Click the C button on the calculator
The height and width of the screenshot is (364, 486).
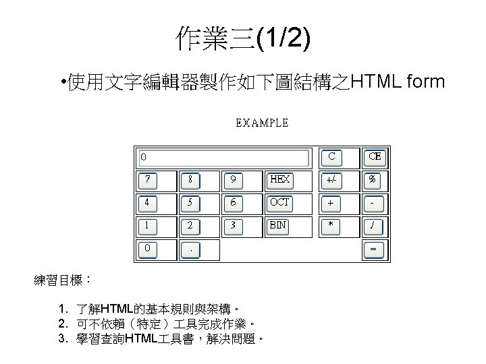[331, 157]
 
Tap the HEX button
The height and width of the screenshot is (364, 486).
[279, 180]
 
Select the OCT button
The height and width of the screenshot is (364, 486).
[279, 203]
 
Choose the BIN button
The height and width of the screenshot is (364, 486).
[278, 226]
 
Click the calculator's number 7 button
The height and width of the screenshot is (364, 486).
[146, 180]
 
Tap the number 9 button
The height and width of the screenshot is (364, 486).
[233, 180]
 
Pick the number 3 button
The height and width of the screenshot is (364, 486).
[233, 226]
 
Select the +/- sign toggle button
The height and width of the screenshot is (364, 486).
[331, 180]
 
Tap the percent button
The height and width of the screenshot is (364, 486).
[373, 180]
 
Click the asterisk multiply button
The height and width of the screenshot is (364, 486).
[331, 226]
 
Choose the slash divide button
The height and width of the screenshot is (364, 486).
[373, 226]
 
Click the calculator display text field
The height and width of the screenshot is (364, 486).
[223, 158]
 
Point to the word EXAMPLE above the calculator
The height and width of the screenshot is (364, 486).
[262, 123]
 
